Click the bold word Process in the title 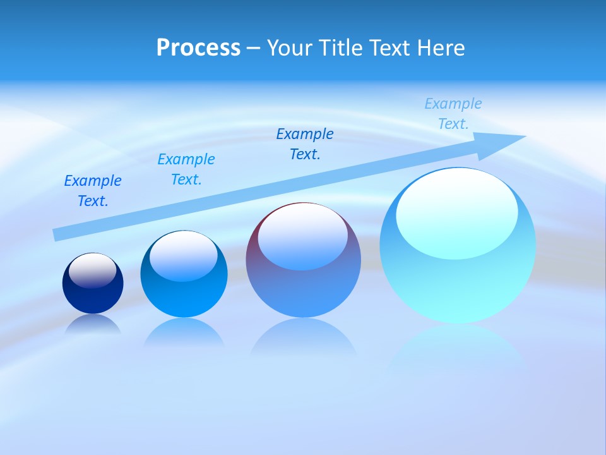coord(198,48)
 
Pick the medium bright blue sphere coord(184,291)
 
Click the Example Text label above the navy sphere coord(93,191)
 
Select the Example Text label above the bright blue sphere coord(186,169)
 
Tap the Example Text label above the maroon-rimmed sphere coord(305,144)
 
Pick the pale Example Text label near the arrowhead coord(453,114)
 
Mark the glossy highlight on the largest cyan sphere coord(456,214)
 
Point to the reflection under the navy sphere coord(93,325)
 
